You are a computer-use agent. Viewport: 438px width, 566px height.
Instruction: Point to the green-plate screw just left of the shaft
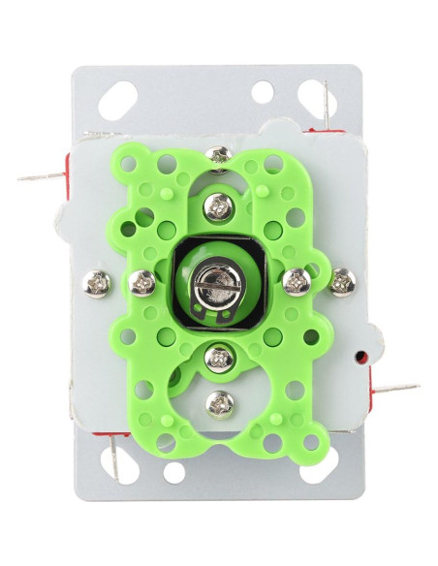(142, 283)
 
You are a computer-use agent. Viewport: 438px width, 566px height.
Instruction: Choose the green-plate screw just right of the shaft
(297, 282)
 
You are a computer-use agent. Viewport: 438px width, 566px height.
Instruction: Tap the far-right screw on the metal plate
(342, 282)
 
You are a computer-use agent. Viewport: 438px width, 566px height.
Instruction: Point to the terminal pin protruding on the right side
(397, 389)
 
